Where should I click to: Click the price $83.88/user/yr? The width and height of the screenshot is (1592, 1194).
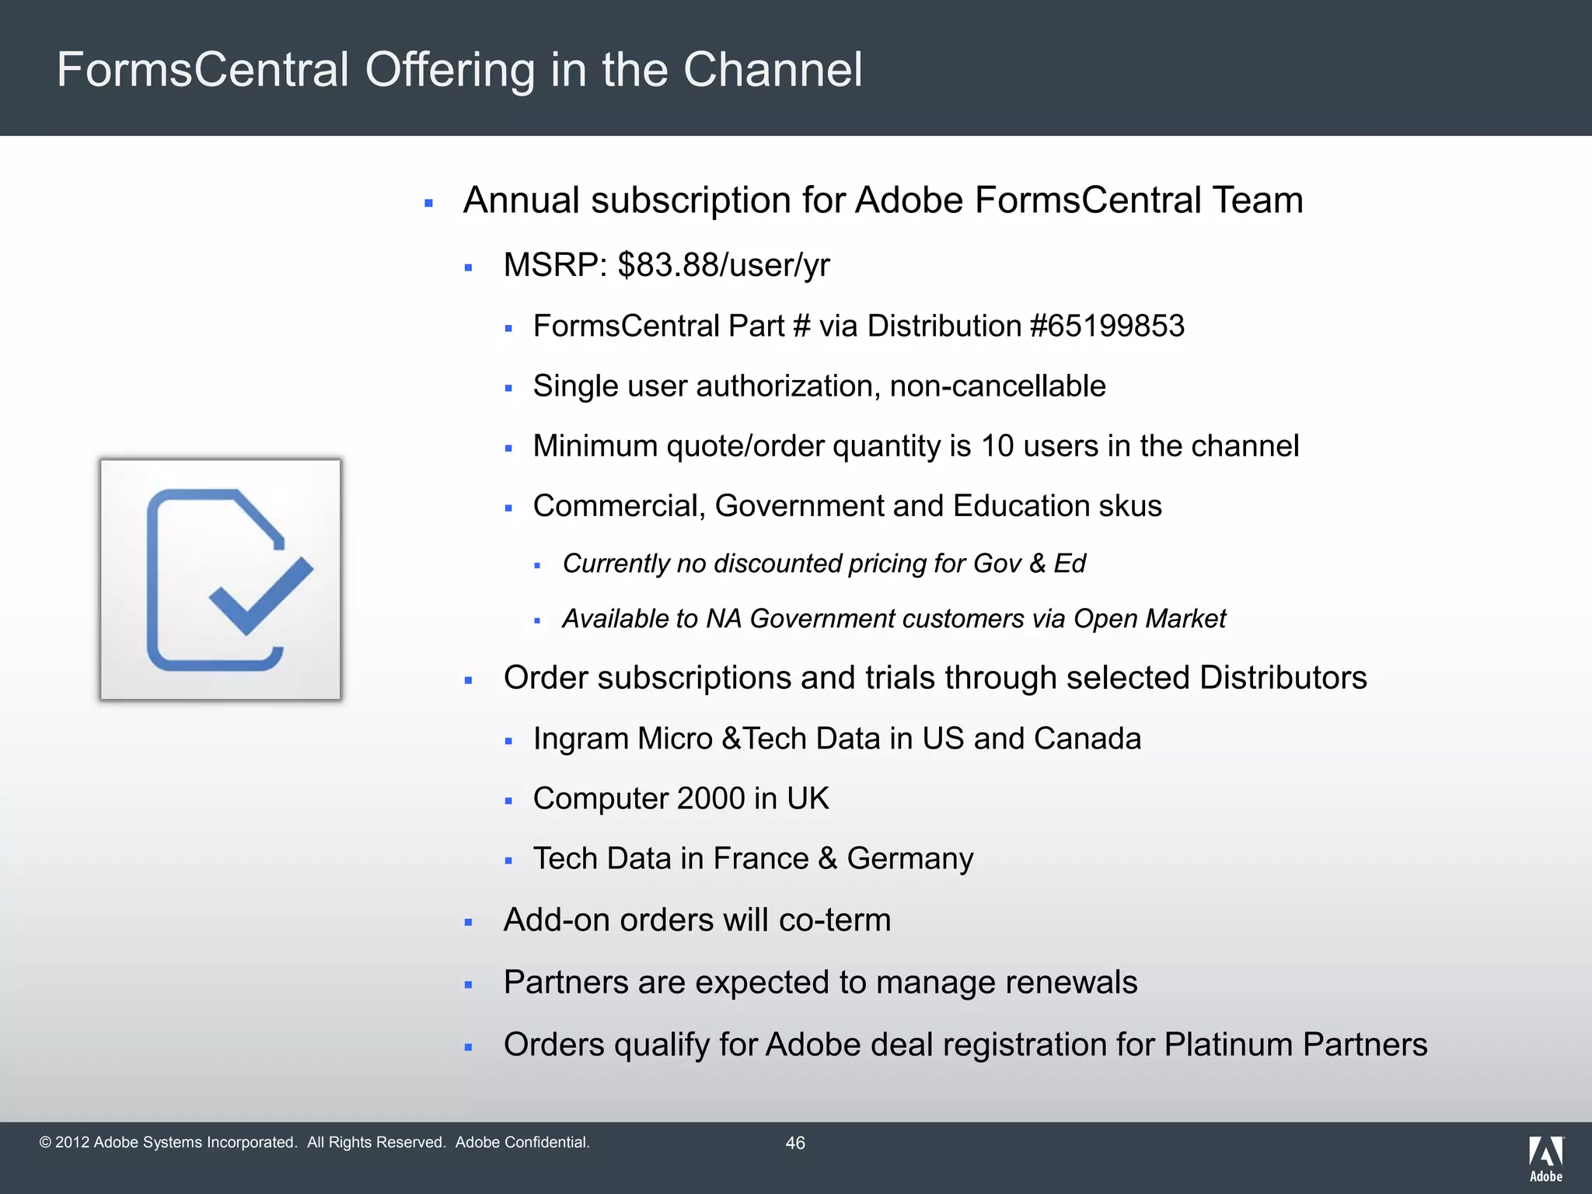click(x=724, y=265)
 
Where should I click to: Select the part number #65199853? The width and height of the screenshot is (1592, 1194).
click(x=1107, y=326)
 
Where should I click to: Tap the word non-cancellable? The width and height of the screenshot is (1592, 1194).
click(x=997, y=386)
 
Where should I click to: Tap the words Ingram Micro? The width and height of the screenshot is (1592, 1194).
click(x=623, y=738)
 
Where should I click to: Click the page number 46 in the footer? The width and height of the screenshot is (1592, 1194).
click(x=795, y=1143)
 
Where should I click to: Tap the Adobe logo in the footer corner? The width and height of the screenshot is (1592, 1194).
click(x=1545, y=1158)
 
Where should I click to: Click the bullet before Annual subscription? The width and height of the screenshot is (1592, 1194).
click(x=428, y=204)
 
